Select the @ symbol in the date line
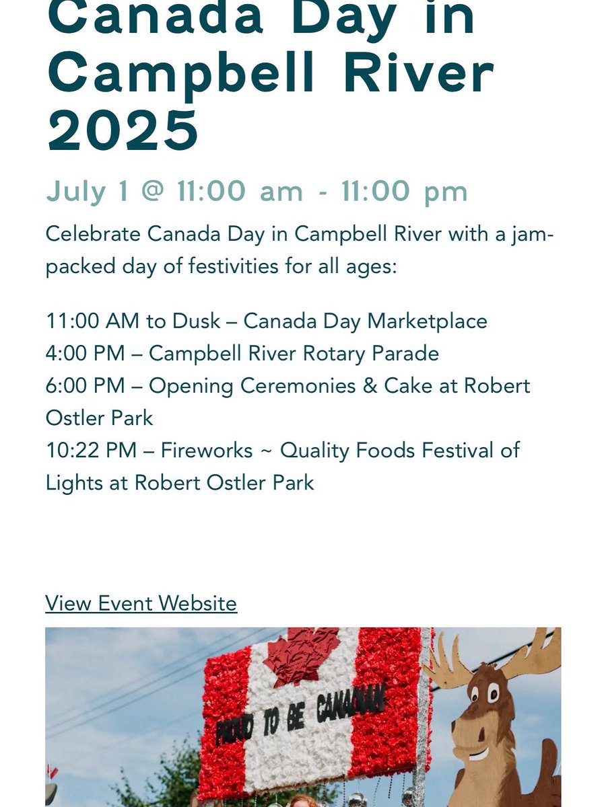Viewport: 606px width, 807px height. tap(152, 192)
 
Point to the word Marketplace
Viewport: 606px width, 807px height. tap(426, 321)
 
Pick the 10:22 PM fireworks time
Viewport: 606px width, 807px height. tap(92, 450)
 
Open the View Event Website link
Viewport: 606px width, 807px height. tap(141, 603)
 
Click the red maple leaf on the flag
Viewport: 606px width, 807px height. tap(301, 656)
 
